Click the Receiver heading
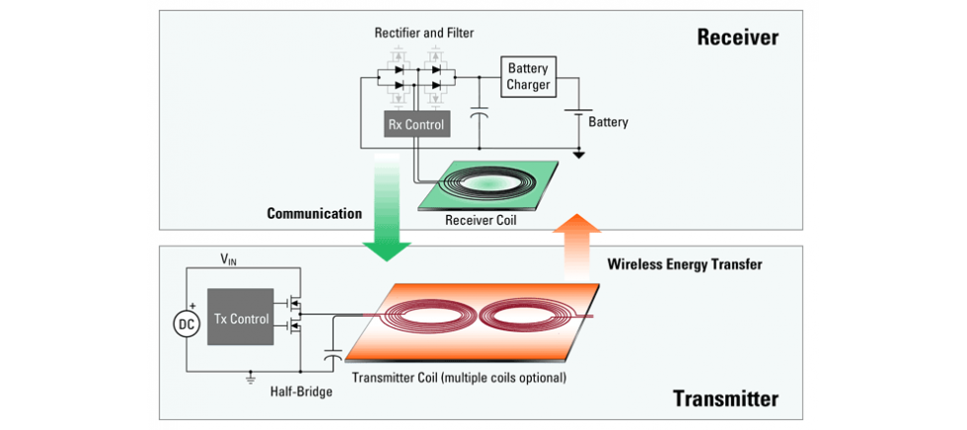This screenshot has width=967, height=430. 737,38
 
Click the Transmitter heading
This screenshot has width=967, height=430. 725,398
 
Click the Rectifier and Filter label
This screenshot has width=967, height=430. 423,33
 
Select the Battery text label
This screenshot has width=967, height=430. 608,122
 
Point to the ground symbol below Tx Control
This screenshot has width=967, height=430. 252,377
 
